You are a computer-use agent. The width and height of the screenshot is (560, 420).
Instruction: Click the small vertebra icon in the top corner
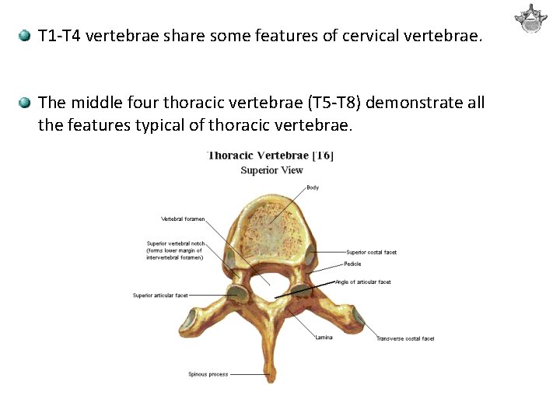(531, 19)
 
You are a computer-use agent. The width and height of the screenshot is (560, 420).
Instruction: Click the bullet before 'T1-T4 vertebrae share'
(25, 36)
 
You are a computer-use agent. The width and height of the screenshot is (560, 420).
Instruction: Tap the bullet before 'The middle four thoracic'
(25, 103)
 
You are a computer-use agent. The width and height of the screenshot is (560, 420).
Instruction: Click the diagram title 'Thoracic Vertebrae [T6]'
(270, 155)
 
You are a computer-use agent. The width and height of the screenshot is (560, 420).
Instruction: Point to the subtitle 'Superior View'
(271, 170)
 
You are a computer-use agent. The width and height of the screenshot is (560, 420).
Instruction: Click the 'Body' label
(312, 187)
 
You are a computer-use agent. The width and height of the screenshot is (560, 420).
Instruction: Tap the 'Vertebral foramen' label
(183, 219)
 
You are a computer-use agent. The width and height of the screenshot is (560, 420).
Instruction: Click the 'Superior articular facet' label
(160, 295)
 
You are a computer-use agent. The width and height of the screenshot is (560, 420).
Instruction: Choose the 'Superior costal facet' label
(371, 252)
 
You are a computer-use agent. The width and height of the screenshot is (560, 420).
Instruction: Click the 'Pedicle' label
(352, 264)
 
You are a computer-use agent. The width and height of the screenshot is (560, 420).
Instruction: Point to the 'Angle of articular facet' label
(362, 282)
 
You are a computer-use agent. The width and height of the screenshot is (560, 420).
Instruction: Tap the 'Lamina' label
(324, 337)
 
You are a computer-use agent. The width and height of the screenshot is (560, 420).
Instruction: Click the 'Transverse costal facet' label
(404, 338)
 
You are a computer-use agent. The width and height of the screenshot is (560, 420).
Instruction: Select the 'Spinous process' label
(208, 374)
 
